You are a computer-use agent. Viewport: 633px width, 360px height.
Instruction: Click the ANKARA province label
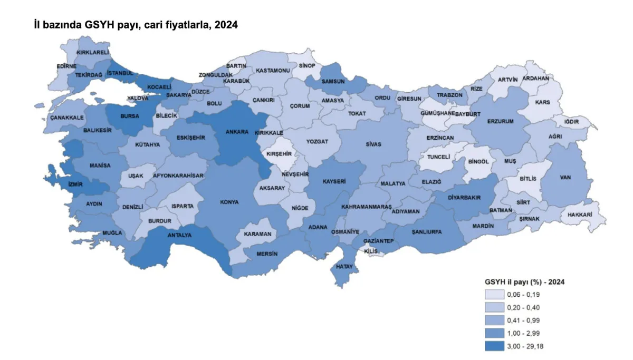(237, 132)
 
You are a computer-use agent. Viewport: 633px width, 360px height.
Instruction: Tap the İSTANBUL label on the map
(120, 73)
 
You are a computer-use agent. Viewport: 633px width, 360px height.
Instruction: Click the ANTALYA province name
(179, 235)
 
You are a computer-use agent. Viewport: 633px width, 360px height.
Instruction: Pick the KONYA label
(229, 202)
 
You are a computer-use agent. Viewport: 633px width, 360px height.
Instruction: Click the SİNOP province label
(307, 66)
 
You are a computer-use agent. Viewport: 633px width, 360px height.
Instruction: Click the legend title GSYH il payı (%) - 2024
(525, 281)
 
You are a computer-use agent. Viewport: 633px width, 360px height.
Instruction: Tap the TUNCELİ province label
(438, 157)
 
